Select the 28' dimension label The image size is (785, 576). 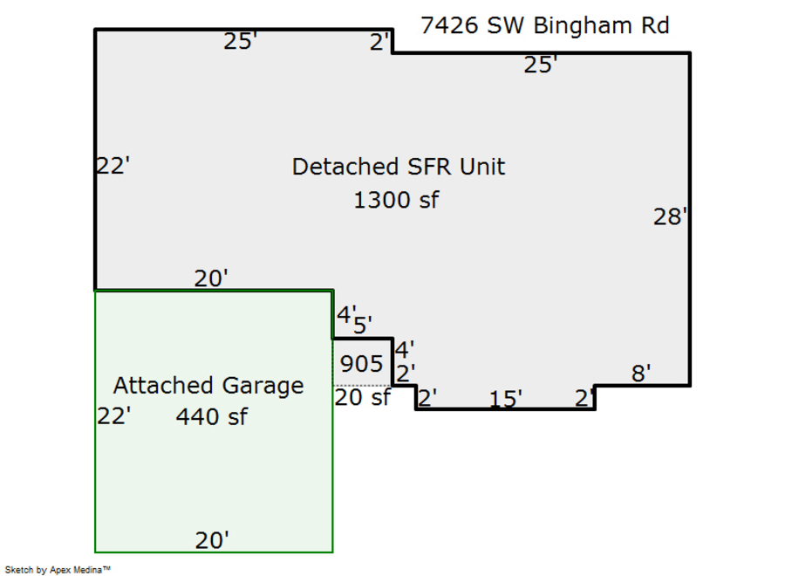pyautogui.click(x=670, y=216)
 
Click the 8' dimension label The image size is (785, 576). pyautogui.click(x=641, y=374)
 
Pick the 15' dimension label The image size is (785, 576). pyautogui.click(x=505, y=399)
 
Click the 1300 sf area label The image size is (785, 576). pyautogui.click(x=396, y=200)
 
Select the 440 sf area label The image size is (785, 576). pyautogui.click(x=211, y=417)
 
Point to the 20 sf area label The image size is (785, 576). pyautogui.click(x=363, y=397)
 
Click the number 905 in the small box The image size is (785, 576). pyautogui.click(x=361, y=363)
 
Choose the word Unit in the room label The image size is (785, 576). pyautogui.click(x=484, y=167)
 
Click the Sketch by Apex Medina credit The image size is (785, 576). pyautogui.click(x=58, y=570)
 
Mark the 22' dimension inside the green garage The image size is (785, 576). pyautogui.click(x=113, y=416)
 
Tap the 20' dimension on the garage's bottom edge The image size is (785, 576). pyautogui.click(x=212, y=540)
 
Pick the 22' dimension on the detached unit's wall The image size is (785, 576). pyautogui.click(x=113, y=165)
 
